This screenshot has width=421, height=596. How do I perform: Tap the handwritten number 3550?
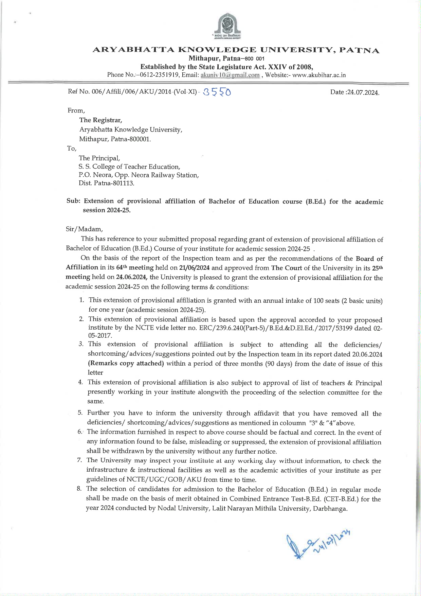click(216, 92)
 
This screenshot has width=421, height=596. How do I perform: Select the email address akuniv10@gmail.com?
click(230, 75)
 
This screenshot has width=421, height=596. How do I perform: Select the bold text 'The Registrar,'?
click(100, 120)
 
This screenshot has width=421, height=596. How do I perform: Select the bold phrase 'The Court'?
click(287, 268)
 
